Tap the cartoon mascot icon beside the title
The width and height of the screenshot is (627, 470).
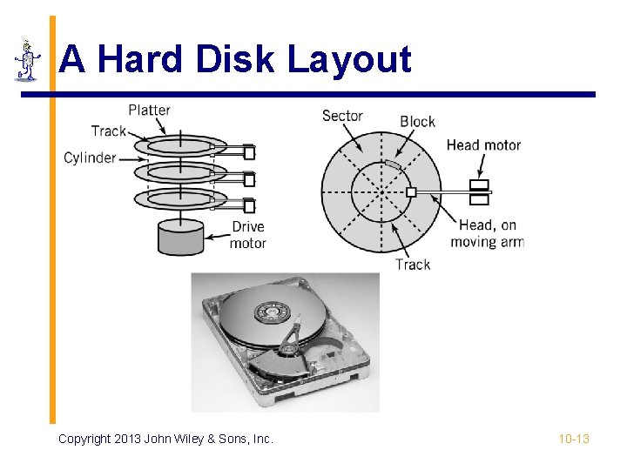point(27,60)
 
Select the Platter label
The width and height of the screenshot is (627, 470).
point(149,110)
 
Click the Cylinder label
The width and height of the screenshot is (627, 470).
point(90,158)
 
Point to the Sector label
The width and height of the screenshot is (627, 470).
point(342,116)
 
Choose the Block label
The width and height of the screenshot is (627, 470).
point(417,122)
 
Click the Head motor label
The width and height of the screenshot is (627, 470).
point(483,145)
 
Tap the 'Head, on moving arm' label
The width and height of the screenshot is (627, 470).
point(487,233)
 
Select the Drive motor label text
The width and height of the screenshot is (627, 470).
point(247,235)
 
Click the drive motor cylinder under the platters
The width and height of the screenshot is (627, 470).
point(181,237)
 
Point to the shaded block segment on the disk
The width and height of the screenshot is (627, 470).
point(393,164)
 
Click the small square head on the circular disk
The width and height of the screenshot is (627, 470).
point(412,191)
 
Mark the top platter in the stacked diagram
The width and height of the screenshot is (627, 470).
point(180,145)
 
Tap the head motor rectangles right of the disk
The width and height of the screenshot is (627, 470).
point(479,192)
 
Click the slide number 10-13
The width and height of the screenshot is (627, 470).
point(574,439)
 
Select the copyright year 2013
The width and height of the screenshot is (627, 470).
point(129,439)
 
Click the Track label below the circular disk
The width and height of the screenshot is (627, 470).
point(413,264)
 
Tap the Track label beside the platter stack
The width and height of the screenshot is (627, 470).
point(109,131)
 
